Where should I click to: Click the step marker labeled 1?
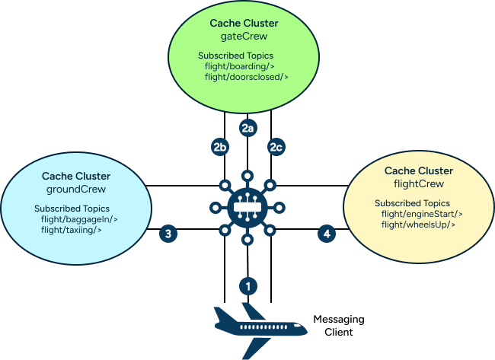click(247, 286)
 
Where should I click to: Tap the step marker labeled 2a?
click(247, 128)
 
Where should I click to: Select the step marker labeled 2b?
click(220, 147)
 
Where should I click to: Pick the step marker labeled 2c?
click(275, 147)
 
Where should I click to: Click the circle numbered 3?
click(168, 234)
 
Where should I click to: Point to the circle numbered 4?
click(327, 234)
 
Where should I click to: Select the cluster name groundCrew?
click(75, 189)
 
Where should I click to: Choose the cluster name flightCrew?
click(418, 183)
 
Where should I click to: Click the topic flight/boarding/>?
click(240, 66)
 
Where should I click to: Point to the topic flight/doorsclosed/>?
click(247, 77)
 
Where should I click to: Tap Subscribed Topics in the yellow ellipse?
click(412, 203)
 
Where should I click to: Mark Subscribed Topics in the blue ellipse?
click(72, 209)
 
